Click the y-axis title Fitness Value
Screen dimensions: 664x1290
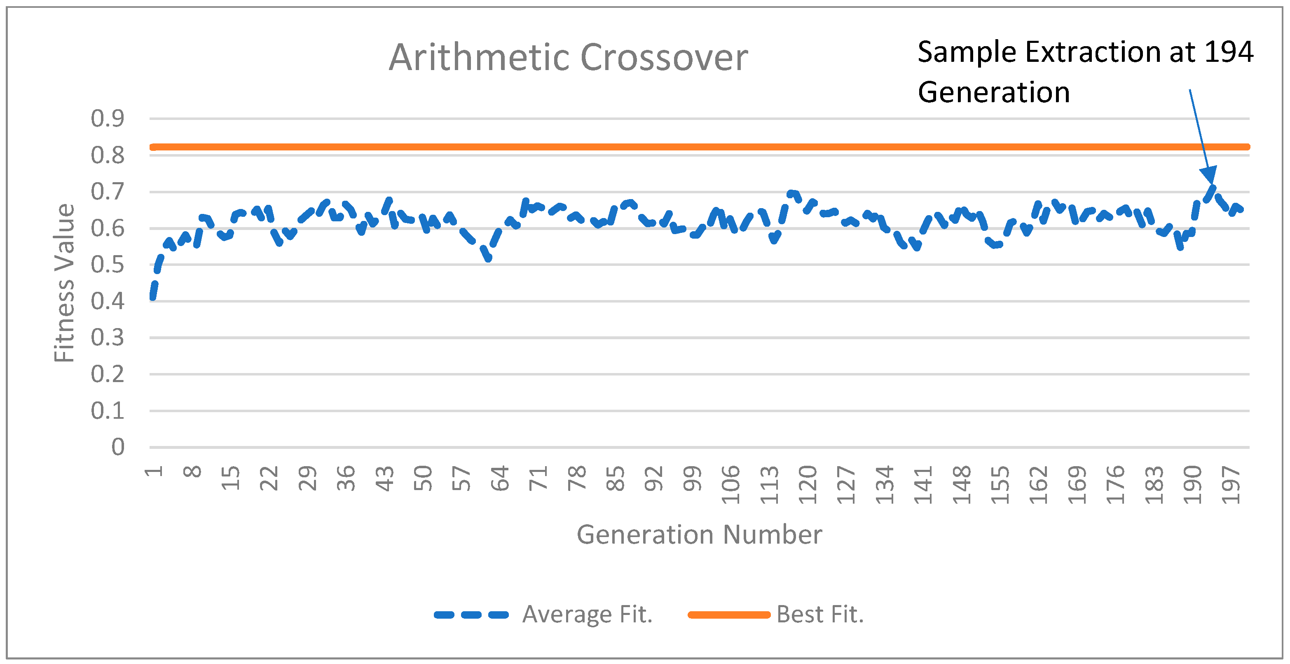(x=65, y=283)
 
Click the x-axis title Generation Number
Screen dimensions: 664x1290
(x=699, y=534)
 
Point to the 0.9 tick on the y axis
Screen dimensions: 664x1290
(x=107, y=119)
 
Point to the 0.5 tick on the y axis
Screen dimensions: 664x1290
(x=107, y=265)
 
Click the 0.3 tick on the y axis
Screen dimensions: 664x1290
(x=107, y=338)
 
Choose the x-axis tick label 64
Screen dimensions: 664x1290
(x=500, y=479)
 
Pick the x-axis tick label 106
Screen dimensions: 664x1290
(x=730, y=485)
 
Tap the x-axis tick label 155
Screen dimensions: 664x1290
(x=1000, y=485)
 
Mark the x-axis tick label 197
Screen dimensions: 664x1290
(x=1231, y=485)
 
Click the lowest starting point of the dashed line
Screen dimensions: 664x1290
(x=153, y=298)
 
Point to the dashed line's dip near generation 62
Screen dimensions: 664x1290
(x=488, y=258)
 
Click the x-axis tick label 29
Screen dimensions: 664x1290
(x=307, y=479)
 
